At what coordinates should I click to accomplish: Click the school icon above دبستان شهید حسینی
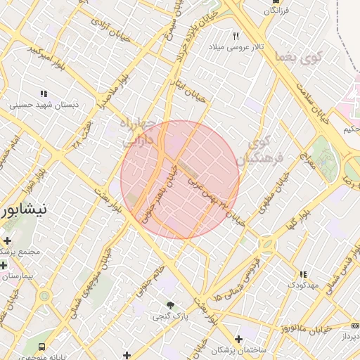44,93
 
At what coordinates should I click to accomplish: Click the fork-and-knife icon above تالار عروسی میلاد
236,36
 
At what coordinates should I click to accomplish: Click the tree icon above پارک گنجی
169,304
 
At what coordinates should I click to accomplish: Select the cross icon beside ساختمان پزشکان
239,339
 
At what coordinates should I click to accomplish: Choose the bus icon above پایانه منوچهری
43,347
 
